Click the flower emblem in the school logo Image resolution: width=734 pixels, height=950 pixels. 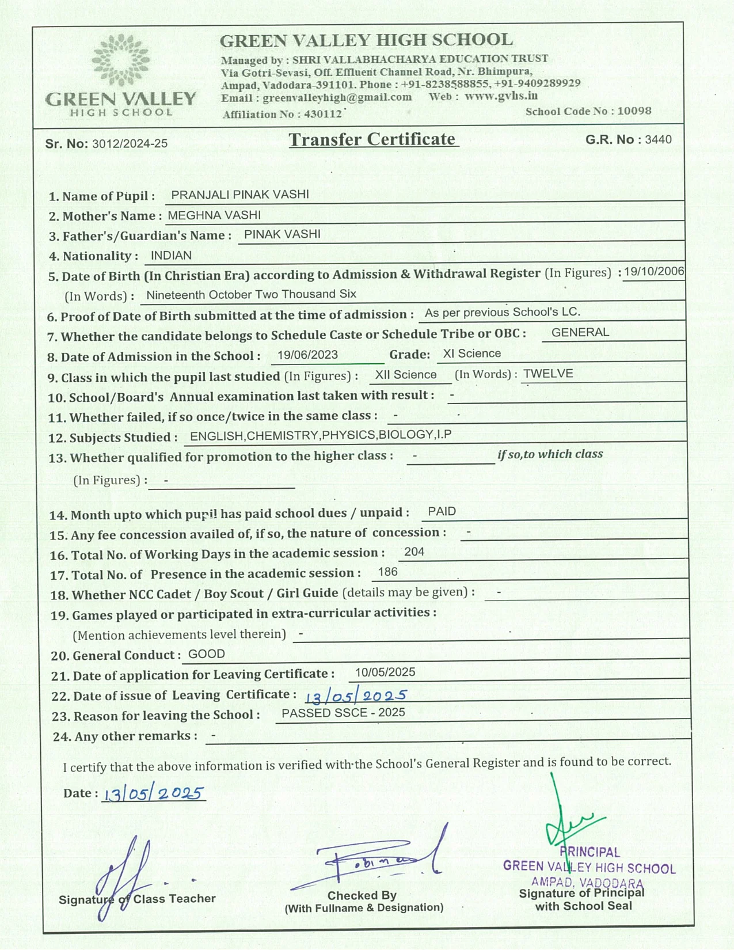click(120, 60)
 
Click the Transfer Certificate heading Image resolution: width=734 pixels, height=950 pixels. click(372, 139)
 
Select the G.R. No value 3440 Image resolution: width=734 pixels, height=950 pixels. click(658, 139)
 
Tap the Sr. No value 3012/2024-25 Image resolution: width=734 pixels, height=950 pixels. click(130, 143)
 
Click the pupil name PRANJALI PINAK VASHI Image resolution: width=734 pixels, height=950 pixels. click(240, 195)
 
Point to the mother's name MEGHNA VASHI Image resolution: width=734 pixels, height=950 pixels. click(214, 215)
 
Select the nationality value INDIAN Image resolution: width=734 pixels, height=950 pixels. click(171, 256)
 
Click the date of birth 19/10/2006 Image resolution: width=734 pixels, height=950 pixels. click(654, 271)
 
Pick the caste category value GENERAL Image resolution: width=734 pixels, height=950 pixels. click(580, 332)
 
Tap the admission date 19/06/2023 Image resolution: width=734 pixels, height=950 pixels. click(307, 355)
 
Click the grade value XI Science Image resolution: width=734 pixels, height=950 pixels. click(472, 354)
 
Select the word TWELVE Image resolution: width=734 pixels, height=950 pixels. click(548, 374)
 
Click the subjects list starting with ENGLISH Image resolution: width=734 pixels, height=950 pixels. click(321, 435)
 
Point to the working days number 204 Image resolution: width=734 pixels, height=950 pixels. click(414, 552)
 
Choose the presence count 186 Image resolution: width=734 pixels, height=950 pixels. click(388, 572)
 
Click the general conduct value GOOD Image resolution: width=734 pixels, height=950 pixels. click(207, 654)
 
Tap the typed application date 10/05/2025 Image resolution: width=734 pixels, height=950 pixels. click(385, 672)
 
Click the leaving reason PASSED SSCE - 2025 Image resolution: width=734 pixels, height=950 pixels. click(343, 713)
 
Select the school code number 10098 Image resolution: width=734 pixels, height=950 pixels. click(634, 111)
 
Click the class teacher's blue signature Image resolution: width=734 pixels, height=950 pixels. click(125, 875)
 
